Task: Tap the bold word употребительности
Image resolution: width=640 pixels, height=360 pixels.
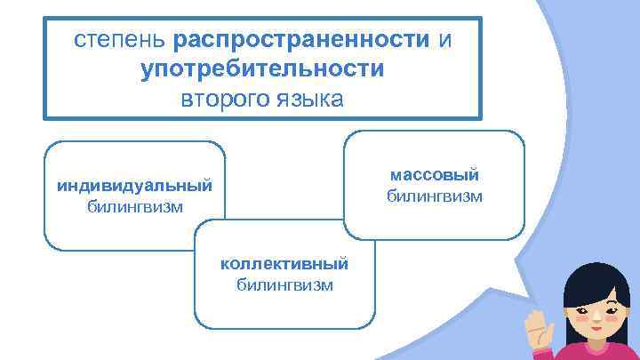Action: coord(262,68)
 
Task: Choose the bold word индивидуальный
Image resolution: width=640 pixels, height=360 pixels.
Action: coord(135,187)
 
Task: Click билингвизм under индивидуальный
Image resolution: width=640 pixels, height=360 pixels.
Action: coord(135,207)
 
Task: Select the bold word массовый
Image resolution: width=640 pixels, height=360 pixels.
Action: coord(435,174)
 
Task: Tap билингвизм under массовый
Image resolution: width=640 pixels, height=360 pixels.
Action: coord(435,195)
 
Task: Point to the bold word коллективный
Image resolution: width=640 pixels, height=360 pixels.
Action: coord(284,264)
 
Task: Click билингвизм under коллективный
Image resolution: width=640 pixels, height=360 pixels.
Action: coord(284,284)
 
